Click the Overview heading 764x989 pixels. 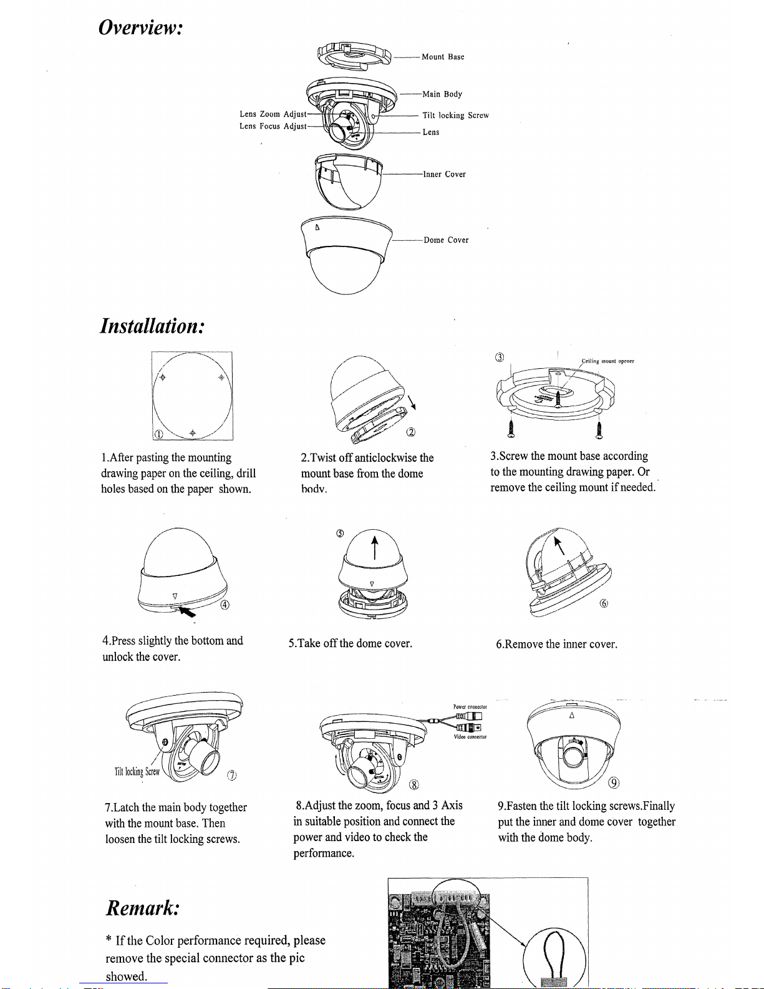[140, 27]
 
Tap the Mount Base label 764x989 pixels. [443, 57]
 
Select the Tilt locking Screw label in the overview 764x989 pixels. [455, 115]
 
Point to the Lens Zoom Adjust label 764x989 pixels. [273, 114]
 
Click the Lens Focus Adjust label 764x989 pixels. [273, 126]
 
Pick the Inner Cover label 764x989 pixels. [445, 175]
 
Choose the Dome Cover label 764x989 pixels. [446, 240]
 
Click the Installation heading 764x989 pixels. [152, 326]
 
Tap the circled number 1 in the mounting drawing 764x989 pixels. [159, 434]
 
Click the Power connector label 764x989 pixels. [470, 707]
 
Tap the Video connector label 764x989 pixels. [470, 737]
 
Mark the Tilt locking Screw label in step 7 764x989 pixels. [137, 772]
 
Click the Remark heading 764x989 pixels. [143, 907]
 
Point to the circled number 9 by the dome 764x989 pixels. [614, 783]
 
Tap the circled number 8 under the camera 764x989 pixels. [413, 785]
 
